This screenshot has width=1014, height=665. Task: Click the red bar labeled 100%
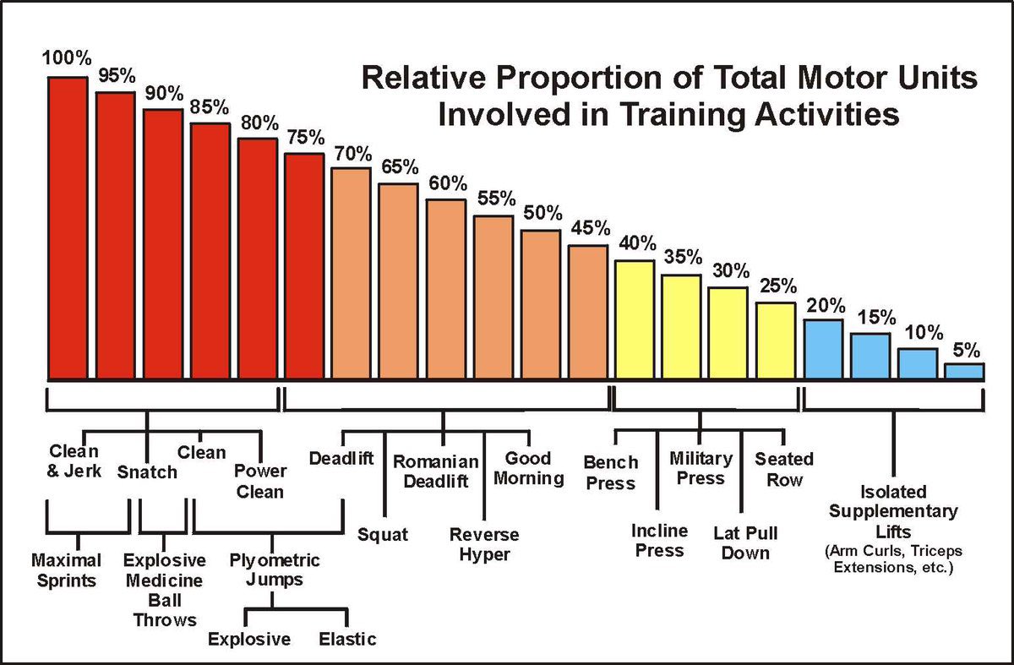[x=68, y=228]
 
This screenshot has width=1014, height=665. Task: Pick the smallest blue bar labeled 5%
[x=964, y=371]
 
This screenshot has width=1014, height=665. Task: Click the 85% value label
[x=210, y=108]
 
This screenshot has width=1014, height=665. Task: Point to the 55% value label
[x=494, y=200]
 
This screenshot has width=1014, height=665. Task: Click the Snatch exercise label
[x=147, y=472]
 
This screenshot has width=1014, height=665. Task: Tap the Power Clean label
[x=259, y=481]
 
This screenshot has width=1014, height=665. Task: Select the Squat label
[x=382, y=534]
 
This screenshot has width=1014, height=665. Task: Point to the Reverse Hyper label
[x=484, y=544]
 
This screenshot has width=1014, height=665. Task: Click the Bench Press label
[x=610, y=473]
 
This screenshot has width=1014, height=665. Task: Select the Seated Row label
[x=784, y=469]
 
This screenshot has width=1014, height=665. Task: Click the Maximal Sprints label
[x=66, y=570]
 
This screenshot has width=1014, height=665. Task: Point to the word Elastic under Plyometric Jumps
[x=347, y=639]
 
